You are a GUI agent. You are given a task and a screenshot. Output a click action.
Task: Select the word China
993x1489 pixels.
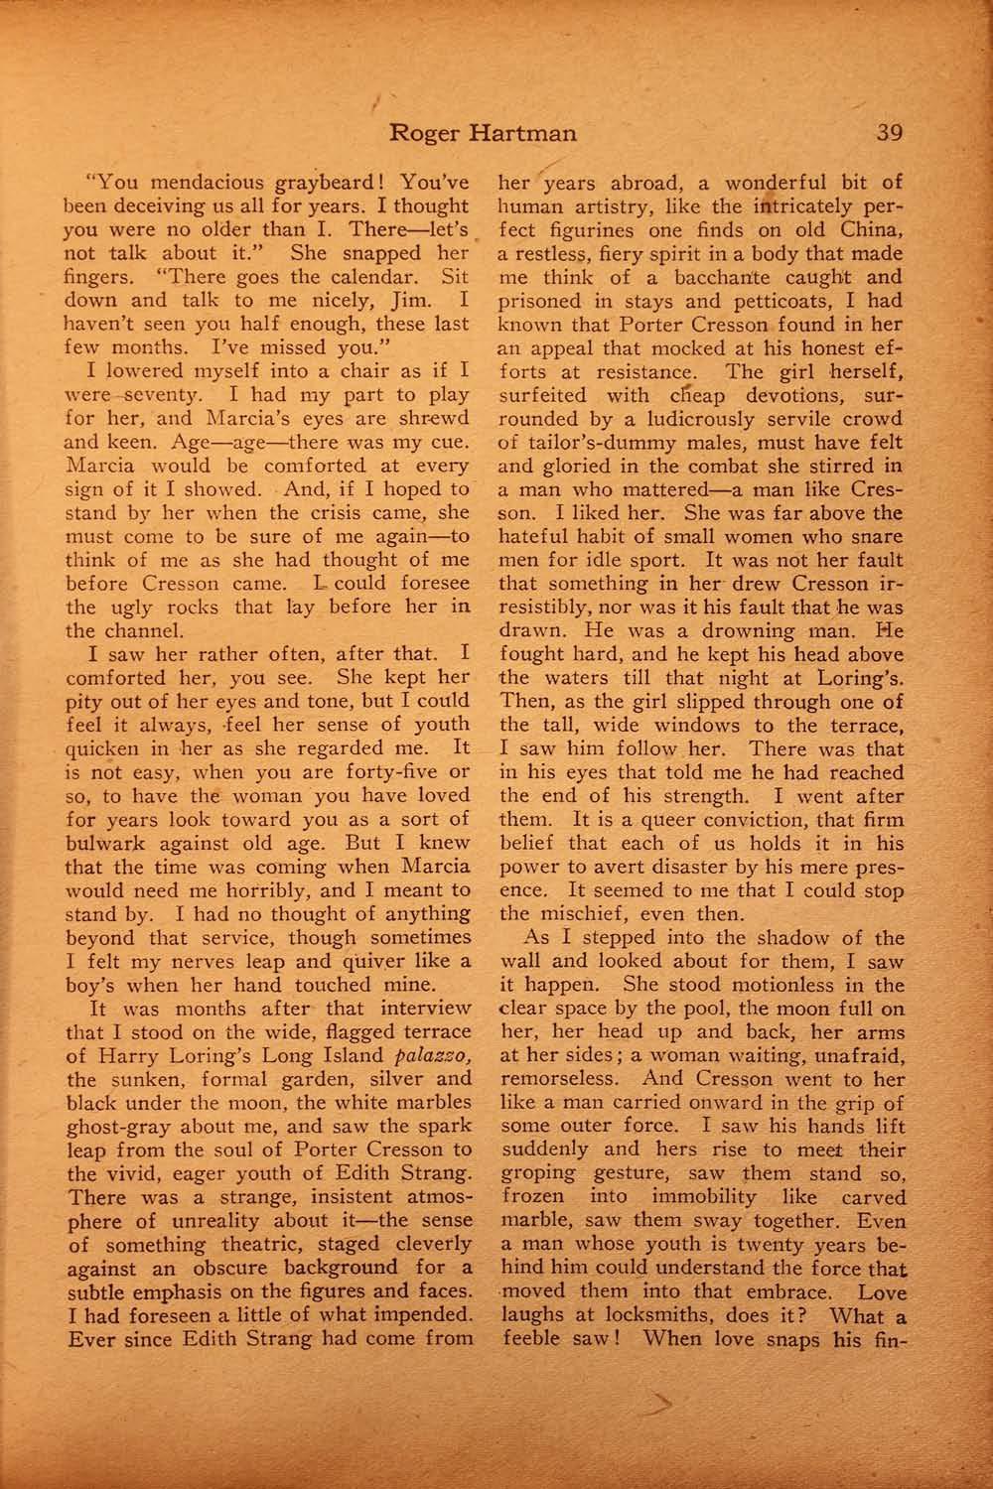871,230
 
